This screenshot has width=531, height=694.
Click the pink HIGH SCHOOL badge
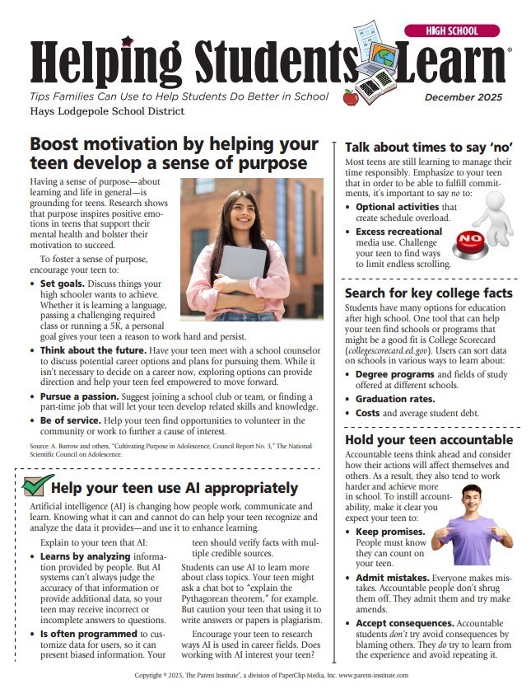coord(452,30)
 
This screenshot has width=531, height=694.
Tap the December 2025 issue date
coord(463,97)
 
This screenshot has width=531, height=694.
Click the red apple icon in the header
coord(350,97)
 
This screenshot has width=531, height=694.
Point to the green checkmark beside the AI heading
coord(39,485)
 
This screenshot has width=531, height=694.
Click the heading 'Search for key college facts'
coord(428,293)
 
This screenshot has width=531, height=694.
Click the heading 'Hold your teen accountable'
coord(428,440)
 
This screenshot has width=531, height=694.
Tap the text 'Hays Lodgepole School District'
coord(107,111)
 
